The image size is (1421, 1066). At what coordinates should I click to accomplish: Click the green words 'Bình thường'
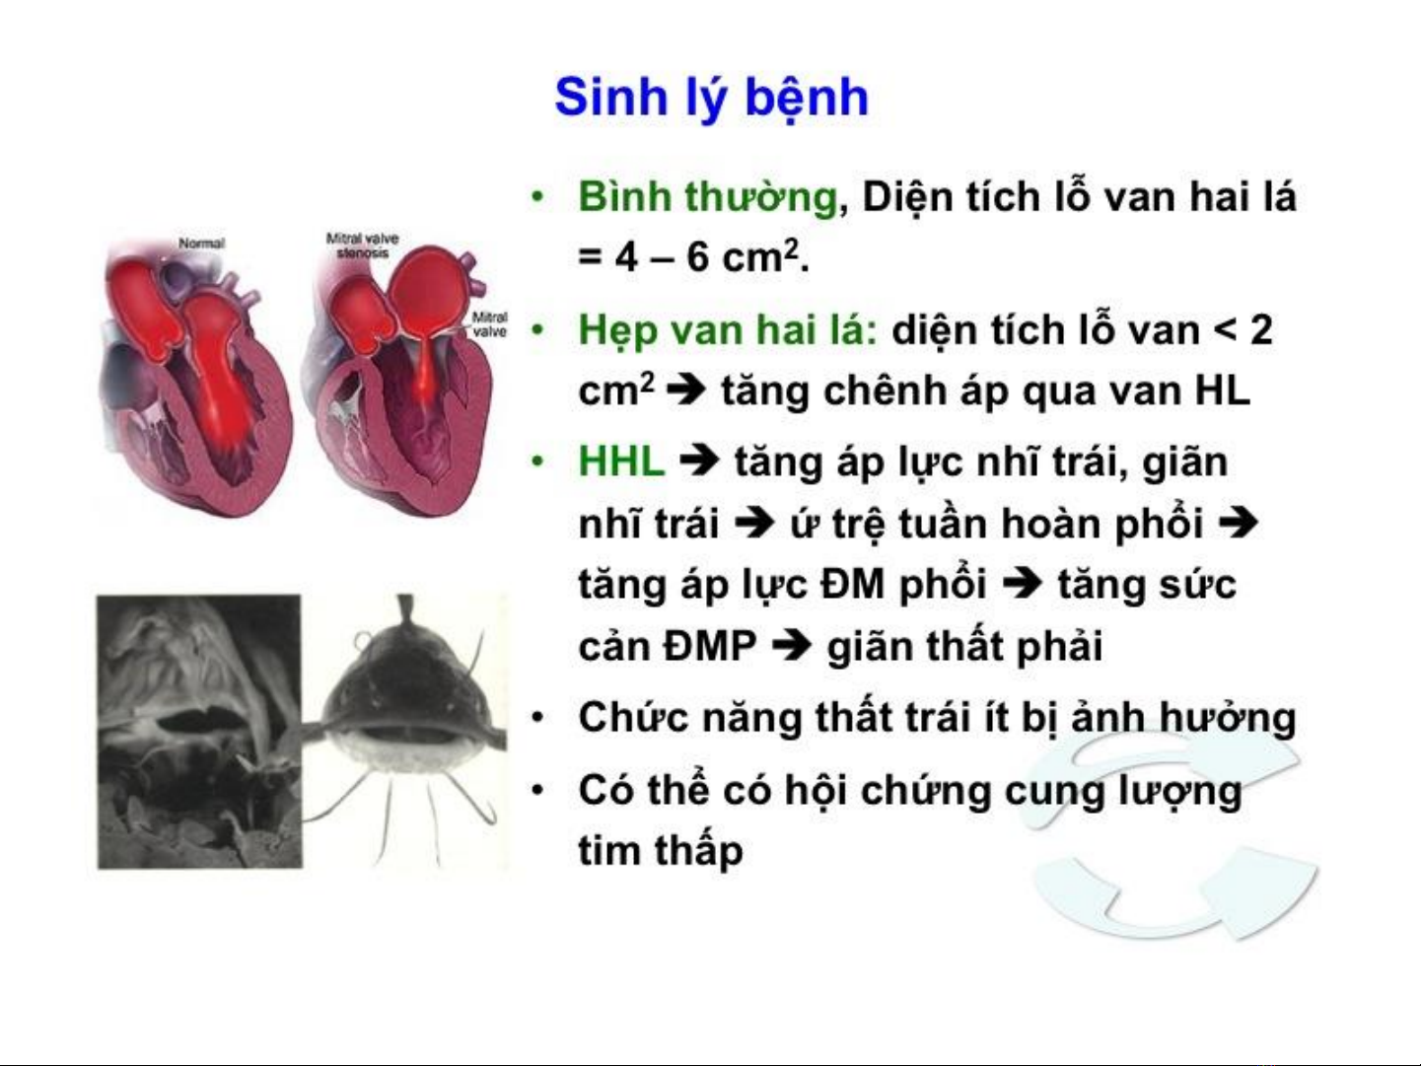point(708,196)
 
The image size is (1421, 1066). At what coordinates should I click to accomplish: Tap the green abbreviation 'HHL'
point(621,462)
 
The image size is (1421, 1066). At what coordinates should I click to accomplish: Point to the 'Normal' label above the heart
point(202,244)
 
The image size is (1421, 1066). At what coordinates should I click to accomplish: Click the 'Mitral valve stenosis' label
point(363,245)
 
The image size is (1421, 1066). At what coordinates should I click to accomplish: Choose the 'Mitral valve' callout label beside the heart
point(489,324)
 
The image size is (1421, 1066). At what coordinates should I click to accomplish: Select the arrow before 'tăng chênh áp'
point(686,391)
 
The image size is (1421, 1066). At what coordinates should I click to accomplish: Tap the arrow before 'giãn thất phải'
point(793,646)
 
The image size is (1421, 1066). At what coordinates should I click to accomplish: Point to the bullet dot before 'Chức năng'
point(536,719)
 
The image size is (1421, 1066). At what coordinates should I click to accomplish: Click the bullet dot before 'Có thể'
point(536,791)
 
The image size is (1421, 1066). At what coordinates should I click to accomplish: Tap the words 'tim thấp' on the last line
point(661,849)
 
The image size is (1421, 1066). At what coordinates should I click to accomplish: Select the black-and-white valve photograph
point(199,732)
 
